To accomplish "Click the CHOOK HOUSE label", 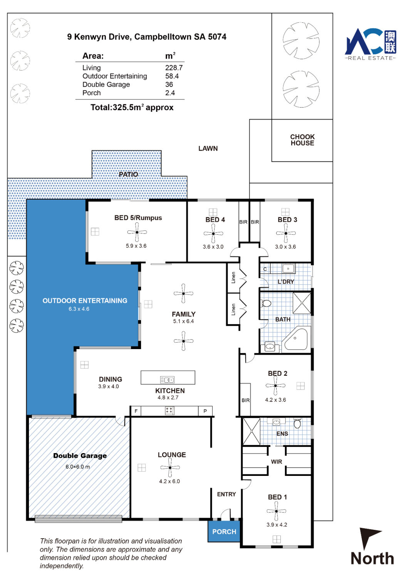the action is (x=302, y=140).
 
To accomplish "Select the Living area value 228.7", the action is (x=174, y=68).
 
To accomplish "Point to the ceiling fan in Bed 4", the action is (x=213, y=234).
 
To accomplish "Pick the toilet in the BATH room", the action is (x=266, y=304).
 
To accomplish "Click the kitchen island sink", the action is (x=167, y=380).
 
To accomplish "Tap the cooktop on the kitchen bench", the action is (x=169, y=410).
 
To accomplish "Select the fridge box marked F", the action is (x=136, y=411).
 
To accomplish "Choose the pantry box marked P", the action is (x=205, y=411).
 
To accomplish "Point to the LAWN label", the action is (x=208, y=149).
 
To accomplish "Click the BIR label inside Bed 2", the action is (x=246, y=400).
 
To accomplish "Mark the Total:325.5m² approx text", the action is (x=132, y=107).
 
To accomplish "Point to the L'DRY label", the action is (x=286, y=282).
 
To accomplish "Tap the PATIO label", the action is (x=128, y=174).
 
